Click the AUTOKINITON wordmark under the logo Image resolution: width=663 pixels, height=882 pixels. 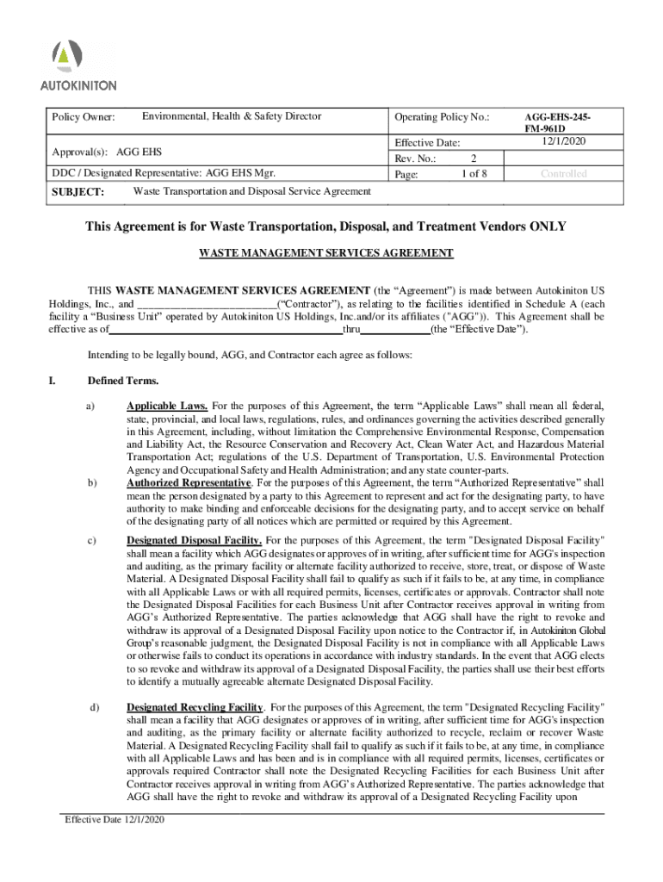coord(78,85)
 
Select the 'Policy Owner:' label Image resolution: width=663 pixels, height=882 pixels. coord(84,117)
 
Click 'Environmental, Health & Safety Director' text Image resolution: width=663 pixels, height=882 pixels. coord(232,116)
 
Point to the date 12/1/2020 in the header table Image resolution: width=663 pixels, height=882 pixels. coord(564,141)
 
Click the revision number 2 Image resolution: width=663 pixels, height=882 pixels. coord(474,158)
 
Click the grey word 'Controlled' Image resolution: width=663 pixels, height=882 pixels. coord(564,174)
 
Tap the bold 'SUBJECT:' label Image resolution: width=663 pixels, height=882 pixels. coord(78,192)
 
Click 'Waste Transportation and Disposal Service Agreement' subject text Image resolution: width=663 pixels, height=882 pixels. coord(252,191)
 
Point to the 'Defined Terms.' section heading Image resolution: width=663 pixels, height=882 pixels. coord(123,381)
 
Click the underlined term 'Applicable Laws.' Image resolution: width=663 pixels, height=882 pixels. coord(167,405)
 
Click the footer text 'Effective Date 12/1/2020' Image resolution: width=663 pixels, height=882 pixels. coord(115,819)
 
